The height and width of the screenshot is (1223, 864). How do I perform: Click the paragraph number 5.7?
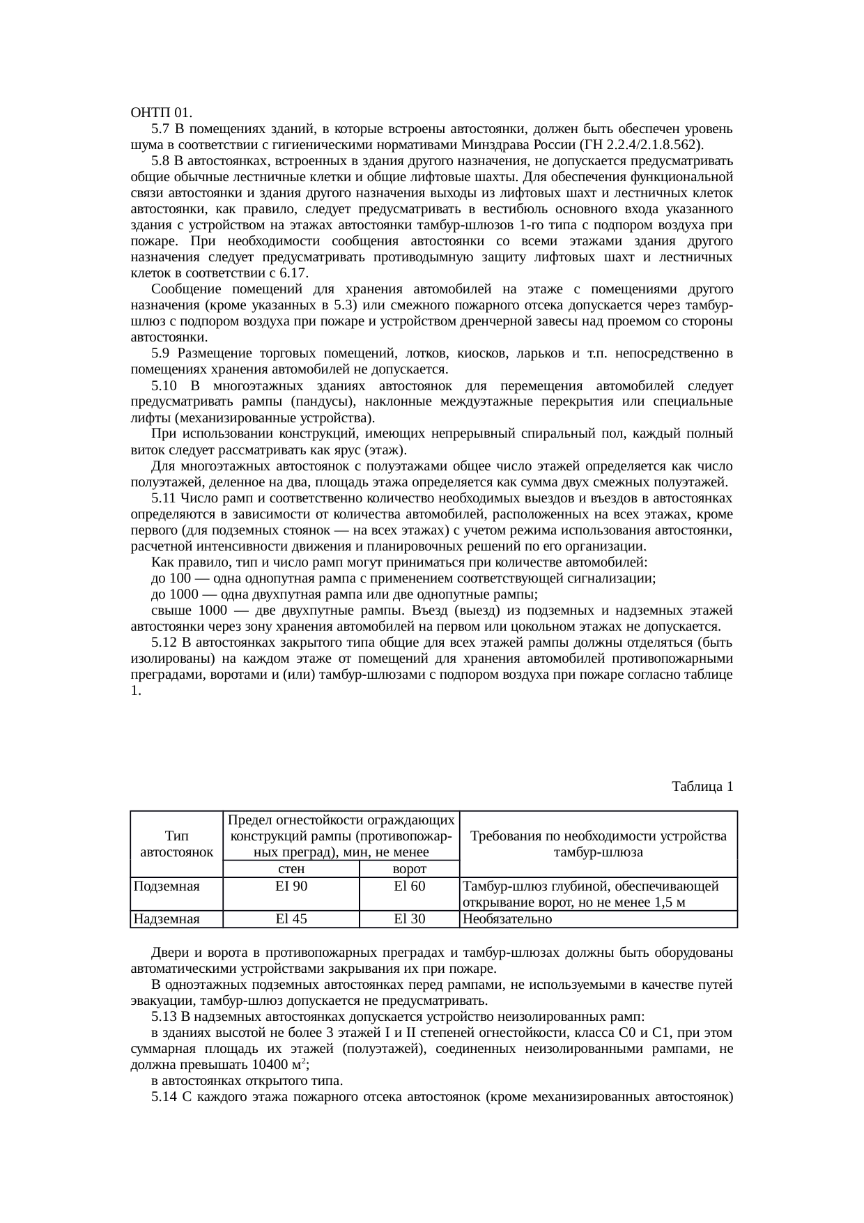161,129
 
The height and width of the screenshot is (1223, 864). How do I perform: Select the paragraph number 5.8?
161,161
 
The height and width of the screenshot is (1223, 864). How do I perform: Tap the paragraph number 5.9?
161,353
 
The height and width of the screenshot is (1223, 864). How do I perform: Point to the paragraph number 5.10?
164,385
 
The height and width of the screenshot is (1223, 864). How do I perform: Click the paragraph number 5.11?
164,498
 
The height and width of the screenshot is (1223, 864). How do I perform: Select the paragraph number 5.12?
164,643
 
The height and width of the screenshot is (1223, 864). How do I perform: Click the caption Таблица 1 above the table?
702,787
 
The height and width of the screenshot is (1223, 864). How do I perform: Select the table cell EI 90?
291,886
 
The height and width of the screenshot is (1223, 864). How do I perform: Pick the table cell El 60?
410,886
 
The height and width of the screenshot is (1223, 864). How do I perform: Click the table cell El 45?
291,919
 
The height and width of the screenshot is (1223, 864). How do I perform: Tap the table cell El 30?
410,919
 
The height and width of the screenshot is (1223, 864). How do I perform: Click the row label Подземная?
167,886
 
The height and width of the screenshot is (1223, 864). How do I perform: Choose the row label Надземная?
167,919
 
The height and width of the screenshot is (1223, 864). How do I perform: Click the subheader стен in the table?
291,869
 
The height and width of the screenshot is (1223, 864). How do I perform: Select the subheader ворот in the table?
410,869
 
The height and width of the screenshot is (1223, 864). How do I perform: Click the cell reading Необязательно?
507,919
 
